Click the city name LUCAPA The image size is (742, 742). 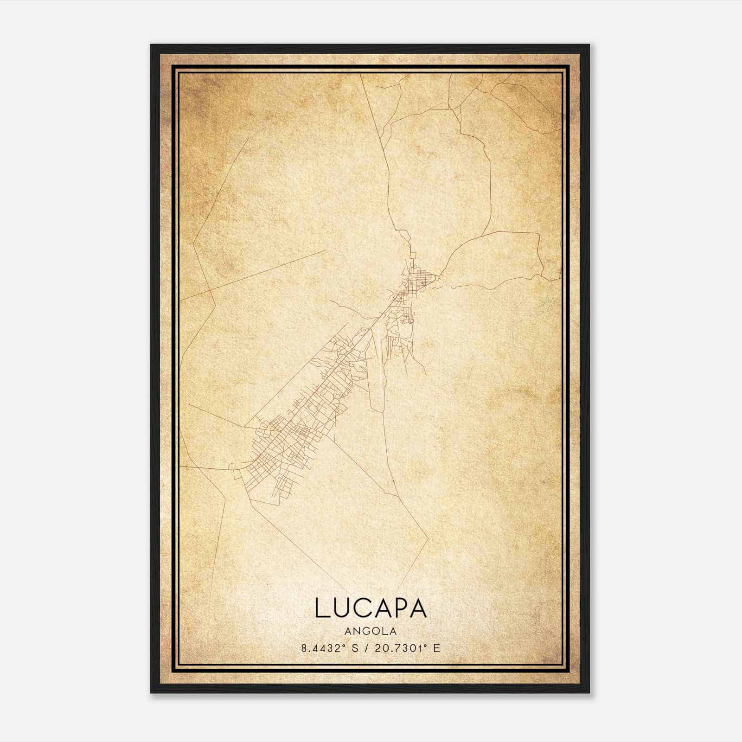pos(371,608)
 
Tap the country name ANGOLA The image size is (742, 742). pos(371,631)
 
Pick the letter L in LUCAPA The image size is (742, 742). pos(322,608)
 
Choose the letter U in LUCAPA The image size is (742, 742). pos(341,608)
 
